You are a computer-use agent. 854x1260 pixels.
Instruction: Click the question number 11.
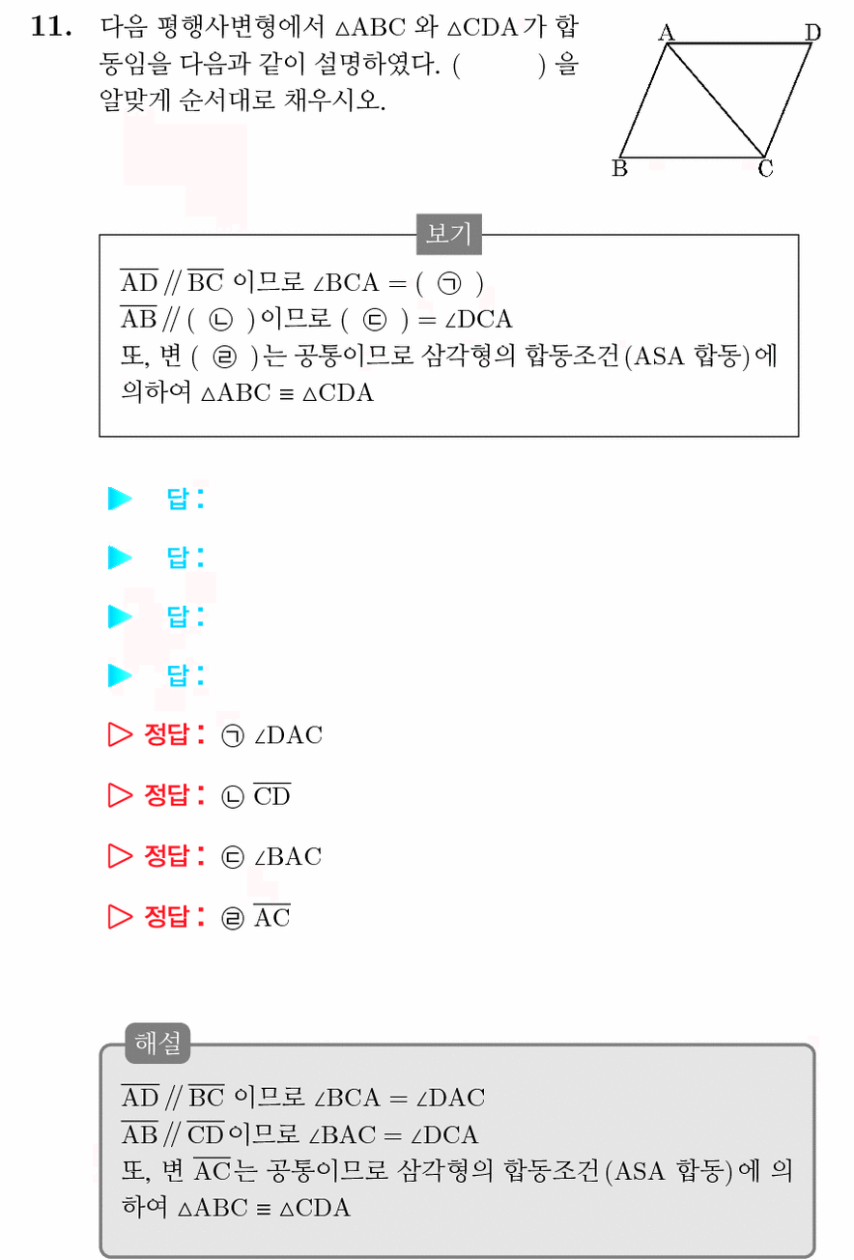point(50,26)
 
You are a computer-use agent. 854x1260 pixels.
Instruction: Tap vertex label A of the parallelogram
point(667,33)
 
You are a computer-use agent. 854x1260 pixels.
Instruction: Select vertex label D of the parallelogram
point(812,33)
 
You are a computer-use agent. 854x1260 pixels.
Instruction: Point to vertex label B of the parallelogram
point(619,168)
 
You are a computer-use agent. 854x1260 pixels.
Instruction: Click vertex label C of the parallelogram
point(765,168)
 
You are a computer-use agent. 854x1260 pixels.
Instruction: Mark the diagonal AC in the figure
point(715,100)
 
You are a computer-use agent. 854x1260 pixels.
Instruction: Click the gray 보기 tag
point(448,234)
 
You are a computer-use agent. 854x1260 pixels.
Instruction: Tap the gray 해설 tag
point(157,1043)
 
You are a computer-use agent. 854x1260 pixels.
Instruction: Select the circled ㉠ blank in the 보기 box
point(449,283)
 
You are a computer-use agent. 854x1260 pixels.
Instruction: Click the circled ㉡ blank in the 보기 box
point(220,320)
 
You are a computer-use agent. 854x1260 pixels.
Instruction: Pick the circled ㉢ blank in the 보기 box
point(375,320)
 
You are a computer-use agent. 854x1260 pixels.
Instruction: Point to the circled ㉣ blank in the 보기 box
point(224,357)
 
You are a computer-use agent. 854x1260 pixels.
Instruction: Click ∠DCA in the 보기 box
point(478,320)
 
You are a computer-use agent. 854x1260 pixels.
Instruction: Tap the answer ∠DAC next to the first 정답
point(289,735)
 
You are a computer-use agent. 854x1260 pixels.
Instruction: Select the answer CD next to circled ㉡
point(272,795)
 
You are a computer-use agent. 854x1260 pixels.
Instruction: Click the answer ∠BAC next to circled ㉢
point(288,857)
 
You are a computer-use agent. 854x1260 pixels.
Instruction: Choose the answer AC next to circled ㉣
point(272,916)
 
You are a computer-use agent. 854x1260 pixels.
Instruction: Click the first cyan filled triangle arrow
point(120,499)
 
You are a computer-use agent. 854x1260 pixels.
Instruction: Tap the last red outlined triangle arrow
point(120,916)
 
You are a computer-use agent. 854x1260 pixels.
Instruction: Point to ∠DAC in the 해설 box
point(450,1098)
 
